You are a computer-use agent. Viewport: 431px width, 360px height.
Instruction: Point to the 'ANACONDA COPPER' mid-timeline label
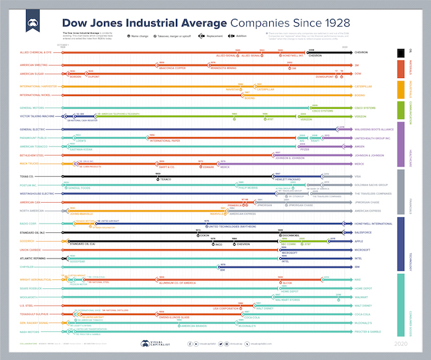pyautogui.click(x=172, y=69)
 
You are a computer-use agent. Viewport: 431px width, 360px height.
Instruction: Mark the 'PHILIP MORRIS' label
pyautogui.click(x=247, y=187)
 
